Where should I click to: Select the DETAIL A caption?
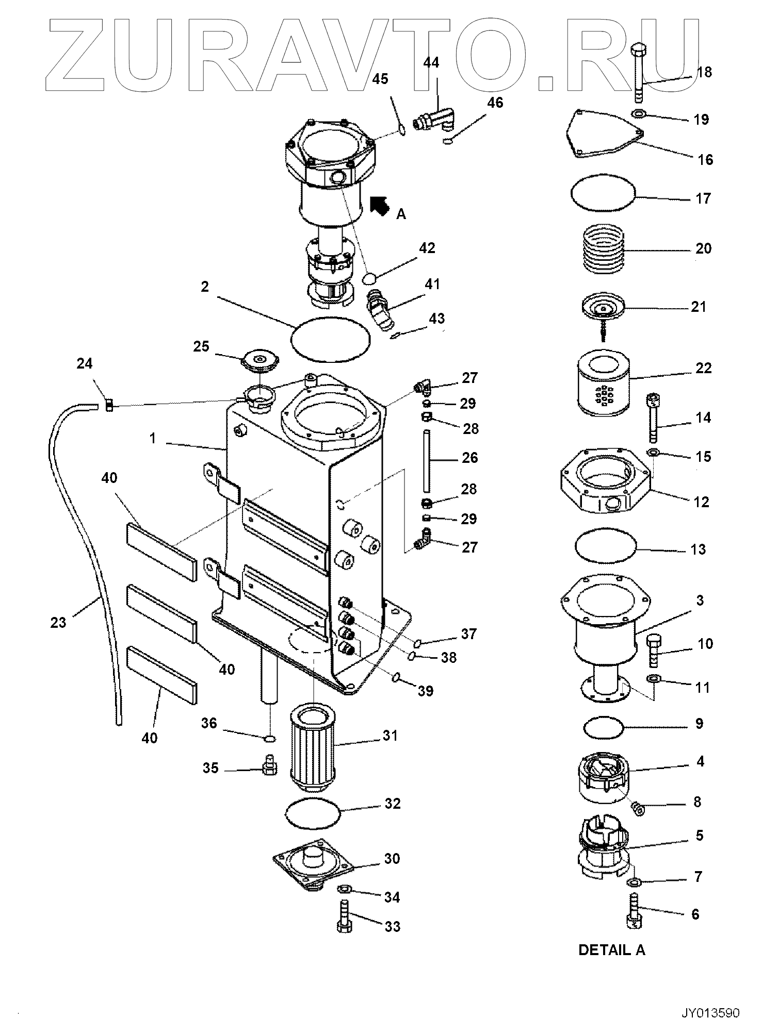coord(611,949)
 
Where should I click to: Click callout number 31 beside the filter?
coord(390,736)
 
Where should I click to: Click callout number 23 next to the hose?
coord(58,623)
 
